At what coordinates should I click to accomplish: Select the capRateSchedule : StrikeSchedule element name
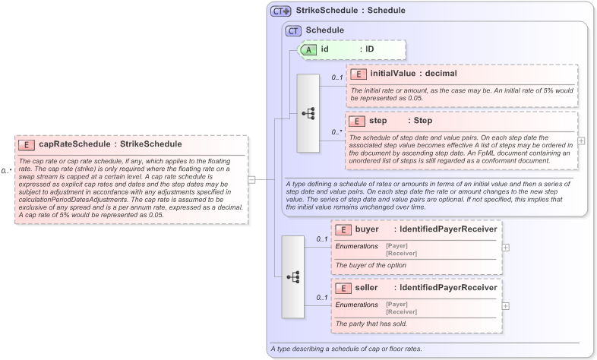click(x=100, y=144)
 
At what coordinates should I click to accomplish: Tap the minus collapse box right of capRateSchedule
click(x=252, y=179)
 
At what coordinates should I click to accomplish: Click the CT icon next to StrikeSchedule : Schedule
click(x=281, y=11)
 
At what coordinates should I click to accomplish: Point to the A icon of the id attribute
click(x=309, y=49)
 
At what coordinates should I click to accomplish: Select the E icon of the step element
click(x=357, y=121)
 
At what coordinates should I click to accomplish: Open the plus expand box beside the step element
click(x=581, y=141)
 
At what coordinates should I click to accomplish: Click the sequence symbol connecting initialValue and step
click(x=308, y=113)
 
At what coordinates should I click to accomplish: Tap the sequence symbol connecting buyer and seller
click(x=292, y=276)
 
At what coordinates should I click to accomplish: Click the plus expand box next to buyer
click(x=505, y=247)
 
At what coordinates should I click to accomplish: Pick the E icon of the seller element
click(x=343, y=288)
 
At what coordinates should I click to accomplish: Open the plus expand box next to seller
click(x=505, y=305)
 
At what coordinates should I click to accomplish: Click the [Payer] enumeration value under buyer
click(x=396, y=245)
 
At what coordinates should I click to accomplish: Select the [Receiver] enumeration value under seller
click(x=401, y=311)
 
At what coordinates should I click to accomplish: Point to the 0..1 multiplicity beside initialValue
click(x=336, y=77)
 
